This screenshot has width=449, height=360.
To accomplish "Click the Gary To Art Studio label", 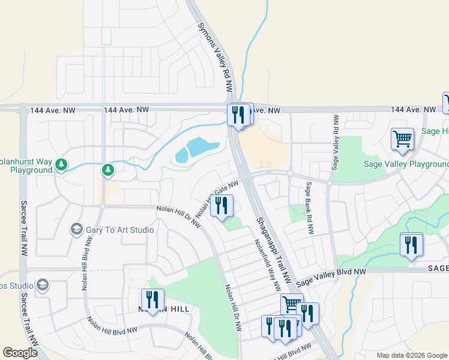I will [120, 230].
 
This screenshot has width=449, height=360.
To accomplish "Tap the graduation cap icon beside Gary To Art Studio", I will [77, 229].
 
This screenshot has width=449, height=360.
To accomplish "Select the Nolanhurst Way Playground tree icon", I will [61, 164].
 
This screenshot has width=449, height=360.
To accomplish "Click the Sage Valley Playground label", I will [406, 164].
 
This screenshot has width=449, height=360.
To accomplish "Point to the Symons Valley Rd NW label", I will [215, 56].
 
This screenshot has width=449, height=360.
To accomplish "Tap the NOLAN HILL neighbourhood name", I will [164, 308].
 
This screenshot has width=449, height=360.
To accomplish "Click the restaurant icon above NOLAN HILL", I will [152, 299].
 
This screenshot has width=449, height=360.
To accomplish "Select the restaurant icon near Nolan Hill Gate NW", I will [221, 206].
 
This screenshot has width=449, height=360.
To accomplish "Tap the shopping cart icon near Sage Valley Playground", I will [402, 138].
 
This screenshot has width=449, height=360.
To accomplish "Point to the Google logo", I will [20, 353].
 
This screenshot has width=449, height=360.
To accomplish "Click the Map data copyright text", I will [412, 355].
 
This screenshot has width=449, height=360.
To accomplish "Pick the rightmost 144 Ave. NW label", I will [413, 110].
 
